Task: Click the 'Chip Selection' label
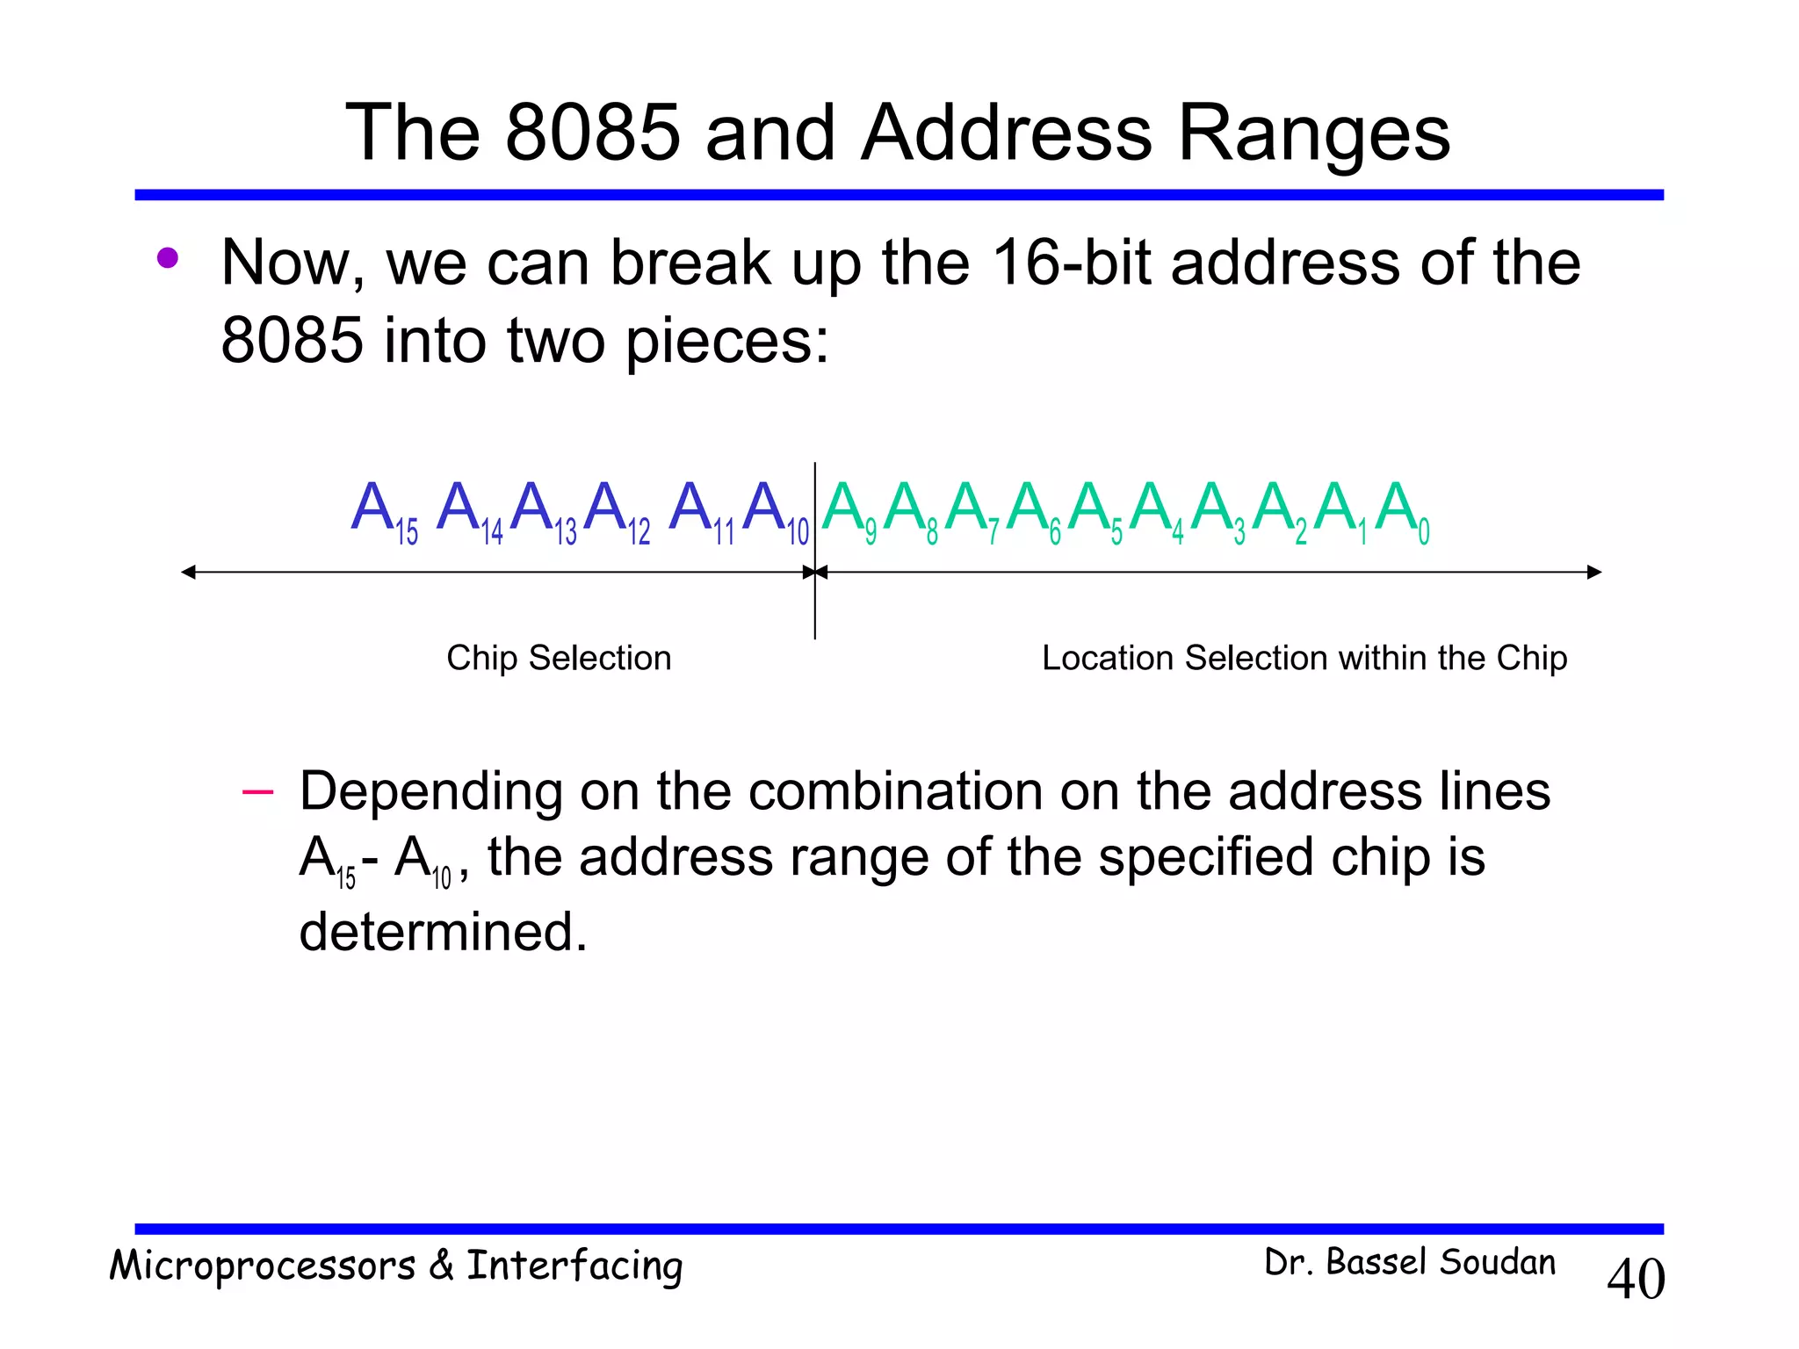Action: pyautogui.click(x=559, y=658)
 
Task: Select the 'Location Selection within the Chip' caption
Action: pyautogui.click(x=1304, y=658)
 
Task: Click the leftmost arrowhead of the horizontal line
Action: pyautogui.click(x=188, y=573)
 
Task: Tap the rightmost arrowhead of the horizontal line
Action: pyautogui.click(x=1594, y=573)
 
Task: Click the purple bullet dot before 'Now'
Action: pyautogui.click(x=167, y=258)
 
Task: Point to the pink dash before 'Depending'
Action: pyautogui.click(x=257, y=792)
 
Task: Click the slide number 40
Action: pyautogui.click(x=1635, y=1279)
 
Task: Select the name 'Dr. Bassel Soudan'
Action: pyautogui.click(x=1409, y=1262)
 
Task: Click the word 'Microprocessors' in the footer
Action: pyautogui.click(x=262, y=1266)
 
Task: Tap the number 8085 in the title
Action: pyautogui.click(x=593, y=133)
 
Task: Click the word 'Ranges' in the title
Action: pyautogui.click(x=1313, y=133)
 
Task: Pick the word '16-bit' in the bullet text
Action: pyautogui.click(x=1071, y=263)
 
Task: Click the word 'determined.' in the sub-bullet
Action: pyautogui.click(x=443, y=931)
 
